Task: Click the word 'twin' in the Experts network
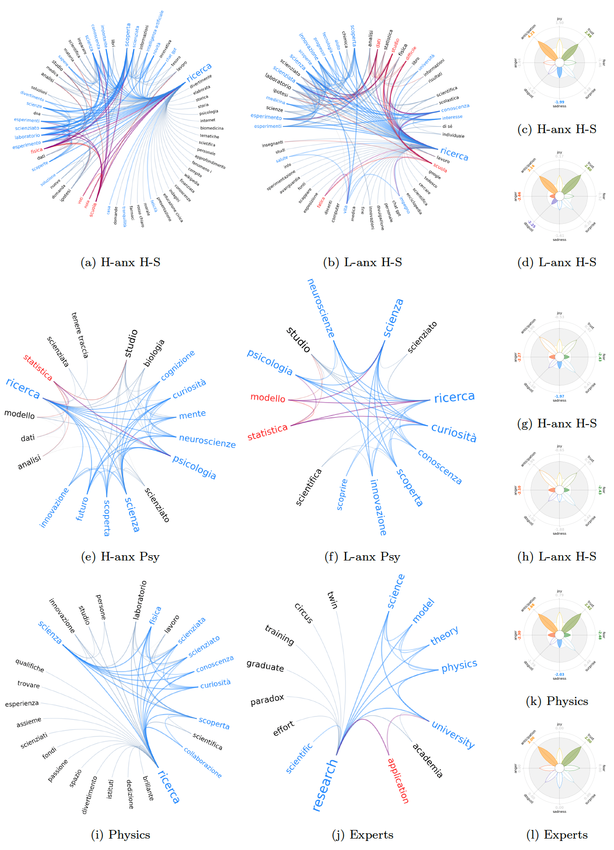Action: pos(332,600)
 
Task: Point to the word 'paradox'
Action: pos(267,700)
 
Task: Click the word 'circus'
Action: pos(304,613)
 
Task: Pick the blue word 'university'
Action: pos(453,735)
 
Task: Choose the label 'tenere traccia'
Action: pos(80,335)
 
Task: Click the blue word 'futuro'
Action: pos(82,508)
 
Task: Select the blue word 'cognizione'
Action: pos(178,365)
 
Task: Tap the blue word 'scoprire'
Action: pos(342,494)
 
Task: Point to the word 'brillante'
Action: pos(148,788)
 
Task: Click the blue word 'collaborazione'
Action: pos(203,762)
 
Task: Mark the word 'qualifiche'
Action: pos(30,665)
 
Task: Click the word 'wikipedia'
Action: pos(192,180)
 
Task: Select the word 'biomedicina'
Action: pos(212,128)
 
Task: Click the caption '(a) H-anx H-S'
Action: pos(121,262)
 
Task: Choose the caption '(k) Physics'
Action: pos(557,701)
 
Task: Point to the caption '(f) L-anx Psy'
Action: pos(362,557)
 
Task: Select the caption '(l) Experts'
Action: pos(557,835)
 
